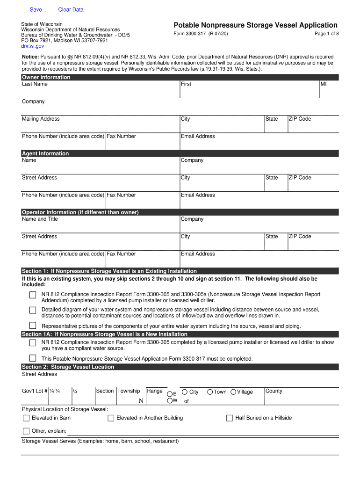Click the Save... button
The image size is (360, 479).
[x=38, y=10]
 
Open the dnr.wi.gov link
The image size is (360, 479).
[x=33, y=46]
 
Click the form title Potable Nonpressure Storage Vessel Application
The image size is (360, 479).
[x=255, y=25]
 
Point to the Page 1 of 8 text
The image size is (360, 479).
[x=327, y=34]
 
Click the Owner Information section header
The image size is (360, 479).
[x=46, y=77]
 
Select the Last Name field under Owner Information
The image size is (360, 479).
[x=100, y=91]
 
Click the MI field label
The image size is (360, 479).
[x=324, y=84]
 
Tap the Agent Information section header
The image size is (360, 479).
[x=45, y=153]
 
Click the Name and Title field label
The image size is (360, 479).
[x=40, y=219]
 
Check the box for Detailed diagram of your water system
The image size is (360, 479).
[x=33, y=310]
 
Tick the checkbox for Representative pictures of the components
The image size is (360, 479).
[x=33, y=325]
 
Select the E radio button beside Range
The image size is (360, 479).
[x=170, y=393]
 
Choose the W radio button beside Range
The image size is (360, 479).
[x=170, y=400]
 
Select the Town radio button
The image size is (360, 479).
[x=210, y=392]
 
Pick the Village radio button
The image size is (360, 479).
[x=233, y=392]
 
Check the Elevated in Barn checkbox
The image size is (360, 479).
[x=27, y=418]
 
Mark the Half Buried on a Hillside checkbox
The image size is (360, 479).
[x=230, y=418]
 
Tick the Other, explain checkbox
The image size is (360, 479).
[x=27, y=431]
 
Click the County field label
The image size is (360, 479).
[x=274, y=391]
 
